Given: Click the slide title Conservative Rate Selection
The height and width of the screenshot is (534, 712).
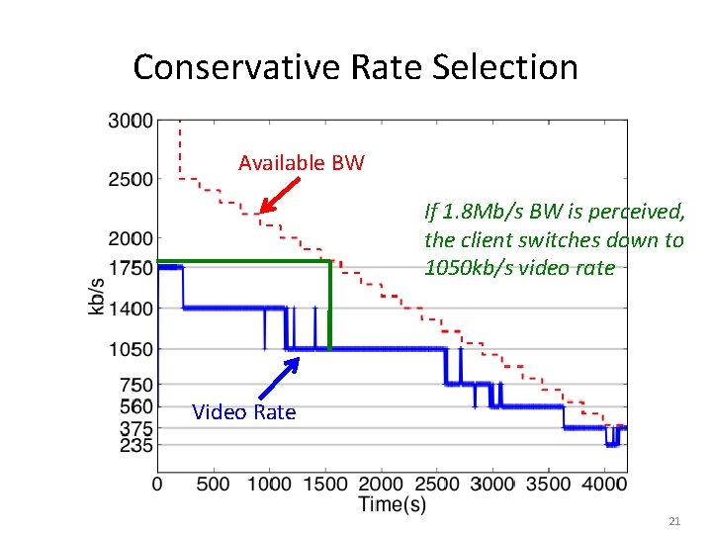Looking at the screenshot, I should click(x=355, y=67).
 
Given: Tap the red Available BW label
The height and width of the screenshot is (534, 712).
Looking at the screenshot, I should click(x=301, y=162).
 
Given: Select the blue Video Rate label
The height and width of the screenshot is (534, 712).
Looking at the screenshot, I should click(x=243, y=412).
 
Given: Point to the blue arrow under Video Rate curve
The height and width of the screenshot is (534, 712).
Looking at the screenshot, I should click(x=280, y=376).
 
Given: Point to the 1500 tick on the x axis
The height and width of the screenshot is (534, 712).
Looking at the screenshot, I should click(x=325, y=484).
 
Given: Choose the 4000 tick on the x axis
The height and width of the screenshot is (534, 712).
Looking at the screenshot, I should click(x=604, y=484).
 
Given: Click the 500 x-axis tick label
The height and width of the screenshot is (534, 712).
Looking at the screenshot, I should click(x=214, y=484).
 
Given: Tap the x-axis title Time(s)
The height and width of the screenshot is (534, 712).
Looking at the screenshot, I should click(x=393, y=504).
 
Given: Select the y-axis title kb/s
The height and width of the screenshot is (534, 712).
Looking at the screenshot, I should click(x=97, y=296).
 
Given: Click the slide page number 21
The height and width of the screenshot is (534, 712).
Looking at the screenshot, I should click(x=675, y=520).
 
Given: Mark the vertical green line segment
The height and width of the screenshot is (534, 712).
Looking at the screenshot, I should click(x=329, y=305).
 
